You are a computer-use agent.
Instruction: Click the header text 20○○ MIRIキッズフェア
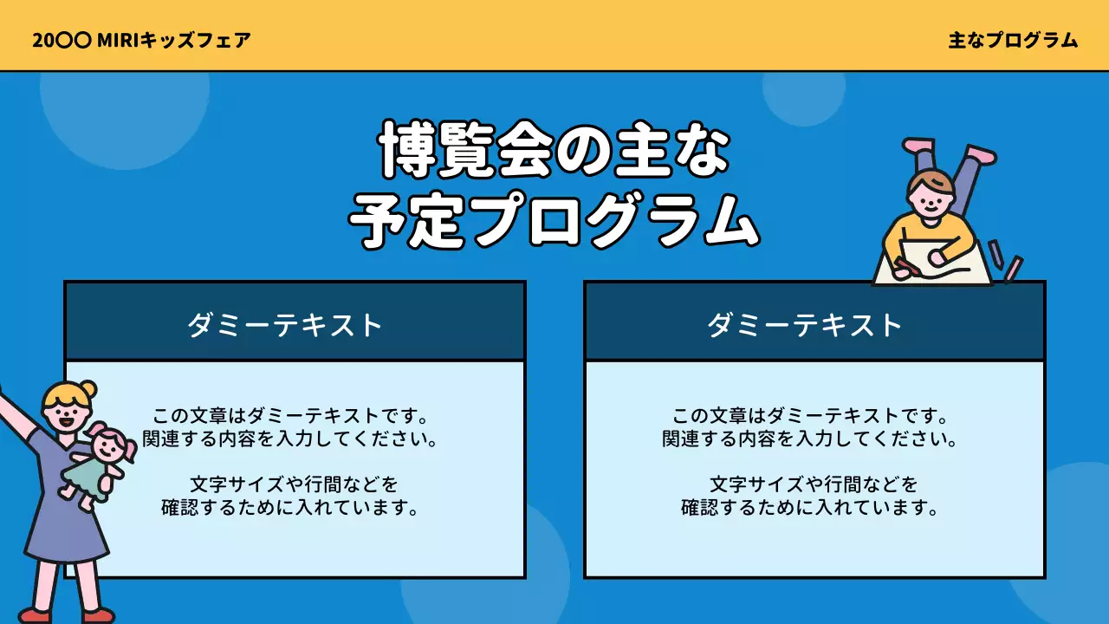pos(142,40)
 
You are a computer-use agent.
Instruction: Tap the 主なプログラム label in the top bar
pos(1013,40)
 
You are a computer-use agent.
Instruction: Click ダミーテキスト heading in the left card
pos(286,325)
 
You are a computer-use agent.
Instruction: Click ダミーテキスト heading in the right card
pos(806,325)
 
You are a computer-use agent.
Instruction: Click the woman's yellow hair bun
pos(88,389)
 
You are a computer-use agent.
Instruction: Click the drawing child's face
pos(930,199)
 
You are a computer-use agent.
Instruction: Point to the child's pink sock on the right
pos(981,155)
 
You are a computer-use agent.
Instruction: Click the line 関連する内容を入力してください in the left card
pos(289,439)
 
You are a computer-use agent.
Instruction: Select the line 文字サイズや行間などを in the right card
pos(814,484)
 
